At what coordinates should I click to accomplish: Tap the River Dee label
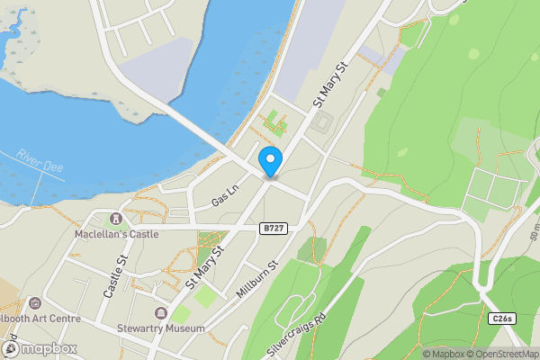39,166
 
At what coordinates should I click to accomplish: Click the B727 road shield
274,229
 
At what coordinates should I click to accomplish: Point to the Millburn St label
255,278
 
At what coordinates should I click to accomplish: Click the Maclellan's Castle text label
117,234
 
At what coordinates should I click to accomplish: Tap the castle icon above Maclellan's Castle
115,219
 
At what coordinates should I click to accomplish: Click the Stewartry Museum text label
160,328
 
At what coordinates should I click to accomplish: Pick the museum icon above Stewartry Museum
160,313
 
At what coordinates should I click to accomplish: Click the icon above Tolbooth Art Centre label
34,302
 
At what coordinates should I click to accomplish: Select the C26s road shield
502,319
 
